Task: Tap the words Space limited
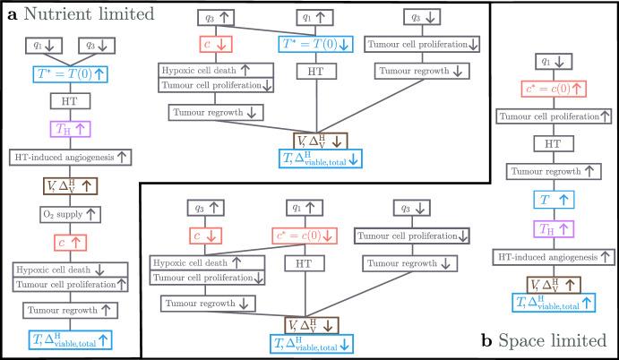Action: [x=552, y=341]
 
